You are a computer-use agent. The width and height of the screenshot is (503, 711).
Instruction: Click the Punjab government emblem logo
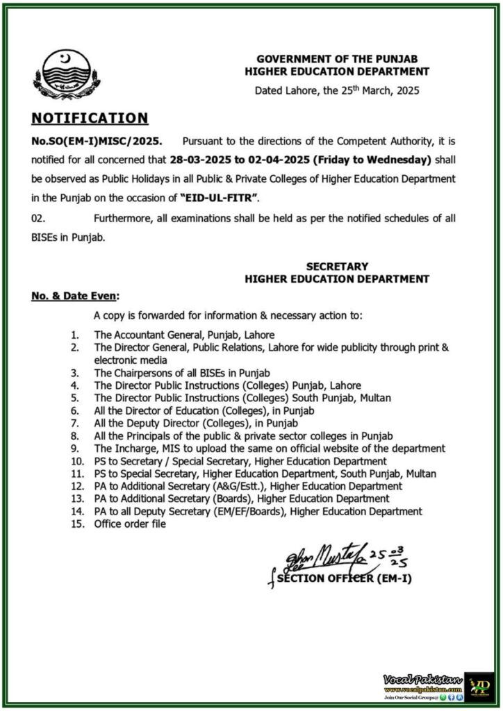(70, 75)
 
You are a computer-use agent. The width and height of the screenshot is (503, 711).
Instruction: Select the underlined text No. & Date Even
(74, 296)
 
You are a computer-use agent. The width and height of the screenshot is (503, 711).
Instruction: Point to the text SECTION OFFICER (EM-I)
(344, 578)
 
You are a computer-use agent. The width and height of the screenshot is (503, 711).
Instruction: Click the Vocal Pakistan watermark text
(422, 678)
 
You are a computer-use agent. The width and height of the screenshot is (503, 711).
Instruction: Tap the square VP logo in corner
(478, 687)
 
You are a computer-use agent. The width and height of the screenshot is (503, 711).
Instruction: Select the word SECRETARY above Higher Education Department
(337, 266)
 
